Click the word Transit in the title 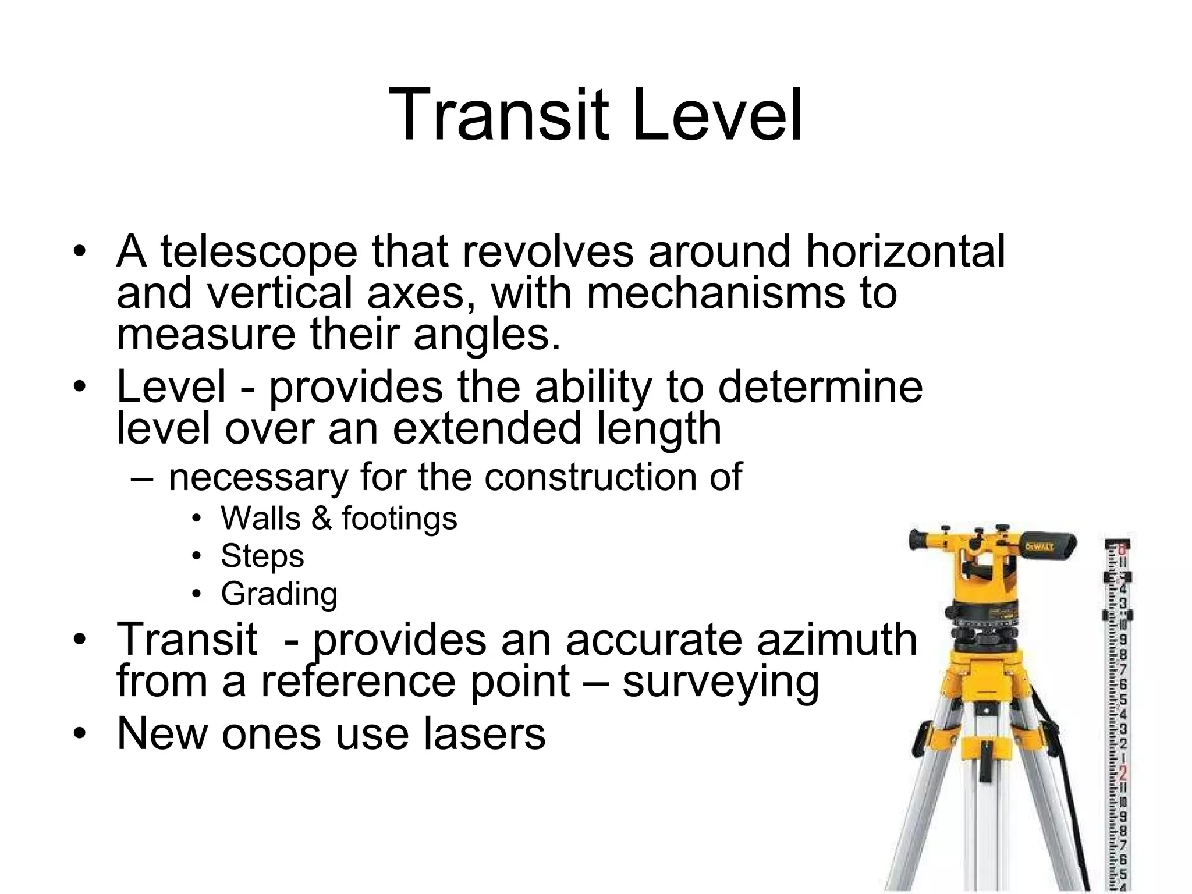click(x=500, y=115)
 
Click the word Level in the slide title click(x=717, y=115)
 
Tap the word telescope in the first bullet click(x=259, y=251)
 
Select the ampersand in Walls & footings click(x=321, y=518)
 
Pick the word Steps click(x=262, y=556)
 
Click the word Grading click(x=279, y=594)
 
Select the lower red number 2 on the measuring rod click(x=1123, y=773)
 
